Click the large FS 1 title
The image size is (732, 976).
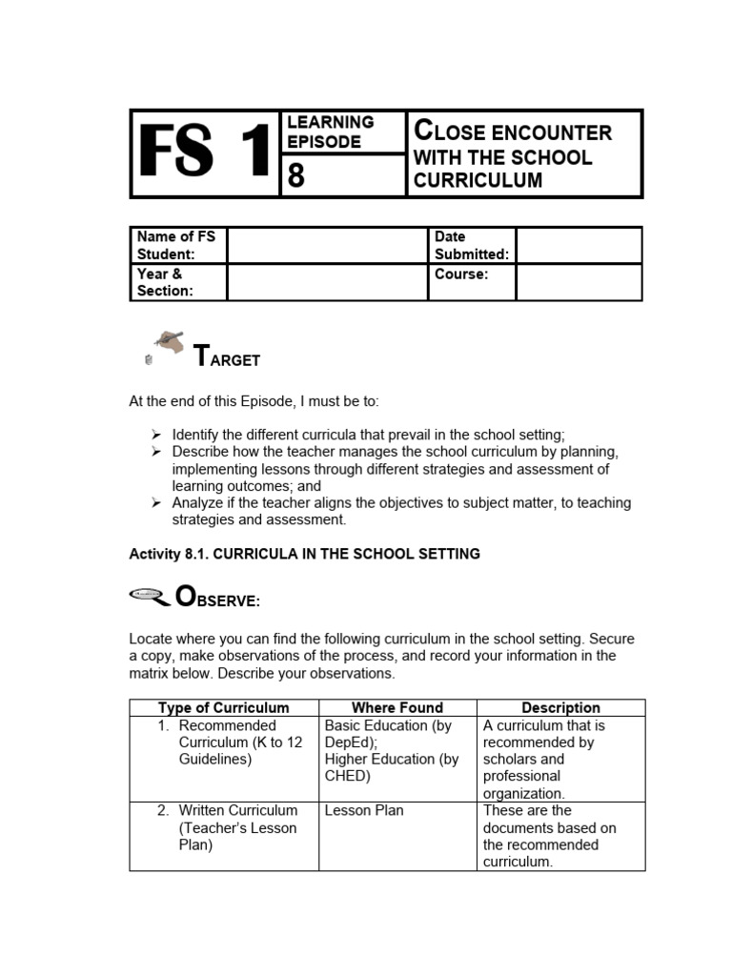coord(204,153)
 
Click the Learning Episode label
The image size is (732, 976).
coord(331,132)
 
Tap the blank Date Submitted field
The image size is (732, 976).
coord(579,245)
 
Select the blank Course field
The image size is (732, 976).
coord(579,282)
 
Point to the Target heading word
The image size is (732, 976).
coord(227,358)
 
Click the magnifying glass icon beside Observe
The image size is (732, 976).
coord(149,598)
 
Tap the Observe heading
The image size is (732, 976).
coord(218,600)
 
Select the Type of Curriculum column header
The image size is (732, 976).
coord(224,707)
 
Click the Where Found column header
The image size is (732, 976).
coord(397,707)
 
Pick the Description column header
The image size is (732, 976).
coord(560,707)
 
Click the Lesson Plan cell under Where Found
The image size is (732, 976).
coord(364,810)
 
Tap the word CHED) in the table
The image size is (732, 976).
coord(348,776)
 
